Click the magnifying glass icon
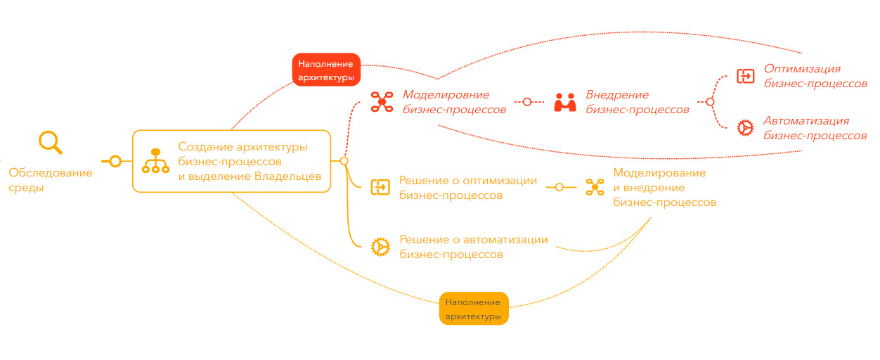click(x=50, y=142)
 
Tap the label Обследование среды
click(x=50, y=180)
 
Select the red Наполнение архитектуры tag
click(x=325, y=71)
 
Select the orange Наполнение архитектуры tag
click(x=474, y=309)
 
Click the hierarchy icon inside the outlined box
click(x=155, y=161)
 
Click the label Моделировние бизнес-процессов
click(x=454, y=102)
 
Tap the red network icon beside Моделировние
click(x=382, y=102)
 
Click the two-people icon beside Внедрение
click(x=564, y=103)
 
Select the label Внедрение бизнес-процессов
click(x=638, y=102)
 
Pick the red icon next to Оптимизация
click(x=745, y=76)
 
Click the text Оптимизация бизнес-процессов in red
click(x=815, y=76)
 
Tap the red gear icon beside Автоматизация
click(x=744, y=127)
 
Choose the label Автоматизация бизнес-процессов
click(x=815, y=128)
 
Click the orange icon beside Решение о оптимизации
click(x=380, y=187)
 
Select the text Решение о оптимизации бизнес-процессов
click(x=467, y=188)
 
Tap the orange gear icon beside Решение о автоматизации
click(x=380, y=246)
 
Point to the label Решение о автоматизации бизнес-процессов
click(x=473, y=247)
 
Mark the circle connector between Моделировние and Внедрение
click(x=527, y=102)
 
